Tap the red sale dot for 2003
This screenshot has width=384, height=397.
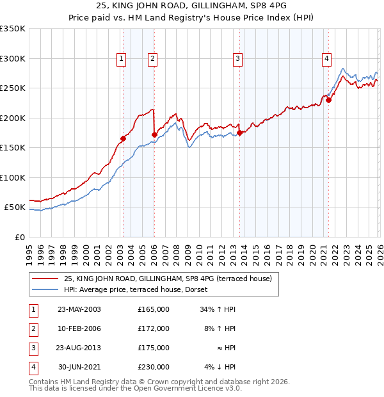coord(123,138)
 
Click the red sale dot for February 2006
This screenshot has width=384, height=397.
coord(154,134)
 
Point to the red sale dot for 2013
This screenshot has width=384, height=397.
coord(240,133)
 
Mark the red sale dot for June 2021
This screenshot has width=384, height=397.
coord(328,100)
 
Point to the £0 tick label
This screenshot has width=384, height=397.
coord(19,237)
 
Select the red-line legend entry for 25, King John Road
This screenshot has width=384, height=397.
coord(168,279)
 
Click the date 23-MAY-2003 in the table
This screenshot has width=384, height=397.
coord(79,309)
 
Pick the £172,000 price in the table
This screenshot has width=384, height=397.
coord(153,328)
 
